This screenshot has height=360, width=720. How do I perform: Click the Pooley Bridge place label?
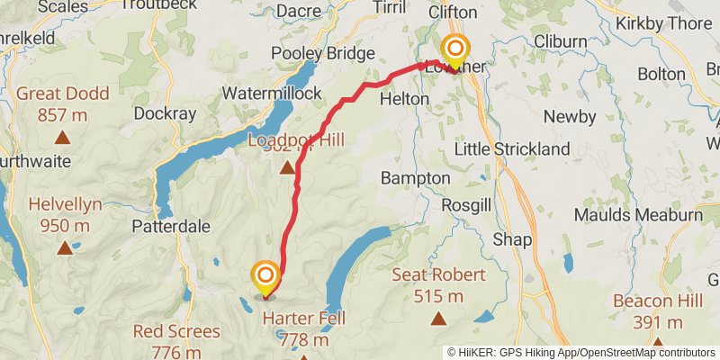pos(323,54)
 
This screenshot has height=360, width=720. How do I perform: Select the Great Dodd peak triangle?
pos(62,138)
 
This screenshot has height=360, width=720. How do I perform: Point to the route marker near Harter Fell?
pos(265,276)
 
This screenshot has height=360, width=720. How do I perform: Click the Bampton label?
pos(416,178)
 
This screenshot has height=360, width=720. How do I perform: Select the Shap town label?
pos(512,239)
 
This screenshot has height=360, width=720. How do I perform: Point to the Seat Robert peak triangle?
pos(438,318)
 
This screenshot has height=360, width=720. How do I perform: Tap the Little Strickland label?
pos(512,148)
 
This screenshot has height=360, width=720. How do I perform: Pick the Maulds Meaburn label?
pos(637,215)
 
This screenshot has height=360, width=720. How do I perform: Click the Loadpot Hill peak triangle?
pos(287,167)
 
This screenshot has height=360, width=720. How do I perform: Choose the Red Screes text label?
pos(176,331)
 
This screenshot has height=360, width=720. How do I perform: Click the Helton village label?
pos(405,98)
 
